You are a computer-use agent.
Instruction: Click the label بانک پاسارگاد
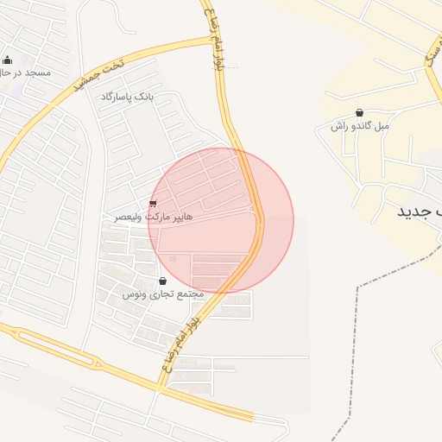tap(127, 97)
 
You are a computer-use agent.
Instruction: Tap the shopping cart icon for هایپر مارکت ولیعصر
tap(154, 204)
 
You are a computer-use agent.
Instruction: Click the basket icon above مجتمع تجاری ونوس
tap(163, 281)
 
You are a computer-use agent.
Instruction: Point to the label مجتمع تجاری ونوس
tap(162, 294)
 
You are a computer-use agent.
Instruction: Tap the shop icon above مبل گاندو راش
tap(359, 113)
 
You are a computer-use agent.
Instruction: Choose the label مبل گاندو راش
tap(360, 126)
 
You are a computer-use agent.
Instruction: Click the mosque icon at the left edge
tap(8, 60)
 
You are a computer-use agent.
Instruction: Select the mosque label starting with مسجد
tap(25, 73)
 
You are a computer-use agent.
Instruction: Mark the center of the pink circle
tap(221, 221)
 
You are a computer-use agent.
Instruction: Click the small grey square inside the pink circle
tap(172, 258)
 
